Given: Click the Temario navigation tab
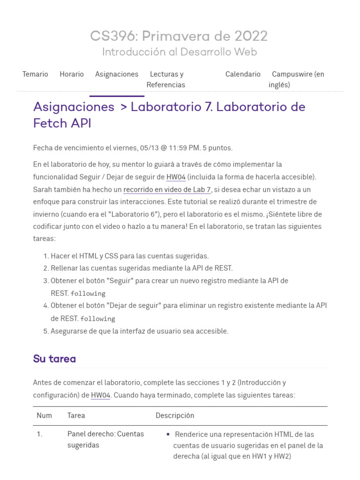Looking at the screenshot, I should (35, 74).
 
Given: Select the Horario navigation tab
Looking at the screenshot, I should (72, 74).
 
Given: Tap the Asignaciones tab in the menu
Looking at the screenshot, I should (117, 74).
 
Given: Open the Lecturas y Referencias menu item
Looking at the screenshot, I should (166, 79).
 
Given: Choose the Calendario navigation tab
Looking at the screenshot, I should (243, 74).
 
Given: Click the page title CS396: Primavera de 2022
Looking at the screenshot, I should (179, 36).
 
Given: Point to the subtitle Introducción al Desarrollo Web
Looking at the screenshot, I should (180, 52).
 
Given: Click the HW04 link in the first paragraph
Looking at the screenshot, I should (176, 177).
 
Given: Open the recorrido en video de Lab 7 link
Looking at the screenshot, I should (167, 189).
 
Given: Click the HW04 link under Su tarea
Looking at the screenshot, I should (100, 395).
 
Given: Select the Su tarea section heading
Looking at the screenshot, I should (54, 359).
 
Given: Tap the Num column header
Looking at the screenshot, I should (44, 415).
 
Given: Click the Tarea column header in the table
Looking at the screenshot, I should (76, 415).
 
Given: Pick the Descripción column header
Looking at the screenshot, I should (175, 415).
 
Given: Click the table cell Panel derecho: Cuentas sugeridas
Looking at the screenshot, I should (105, 439).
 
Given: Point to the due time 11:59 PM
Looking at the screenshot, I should (187, 148).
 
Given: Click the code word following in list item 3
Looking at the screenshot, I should (88, 293).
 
